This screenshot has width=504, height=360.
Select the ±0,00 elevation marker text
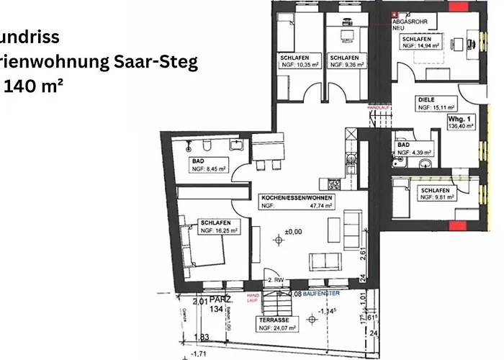(293, 231)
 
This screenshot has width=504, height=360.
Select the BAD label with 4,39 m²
(403, 144)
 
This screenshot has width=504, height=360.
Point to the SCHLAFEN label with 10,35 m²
(293, 57)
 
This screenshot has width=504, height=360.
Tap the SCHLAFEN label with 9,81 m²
(435, 191)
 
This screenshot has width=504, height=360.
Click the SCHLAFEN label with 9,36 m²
(343, 57)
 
